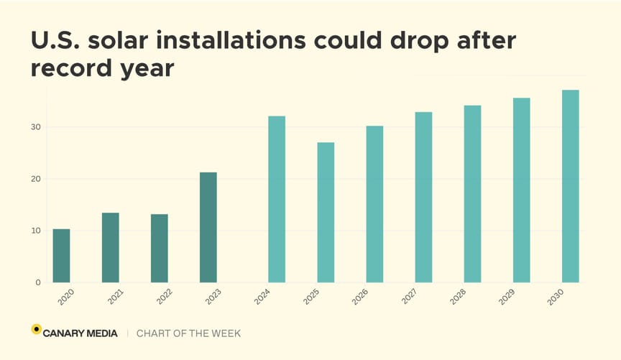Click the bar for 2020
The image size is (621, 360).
(61, 256)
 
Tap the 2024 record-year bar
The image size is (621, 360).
(277, 199)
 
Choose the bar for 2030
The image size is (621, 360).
(570, 186)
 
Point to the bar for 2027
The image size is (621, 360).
(423, 197)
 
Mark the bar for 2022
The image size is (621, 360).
(159, 248)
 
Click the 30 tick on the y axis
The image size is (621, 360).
(35, 127)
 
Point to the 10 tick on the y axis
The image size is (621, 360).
(35, 231)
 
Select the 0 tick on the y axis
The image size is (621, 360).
(37, 282)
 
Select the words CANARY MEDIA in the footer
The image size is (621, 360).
(80, 333)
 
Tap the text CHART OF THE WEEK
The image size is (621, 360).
(188, 333)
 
